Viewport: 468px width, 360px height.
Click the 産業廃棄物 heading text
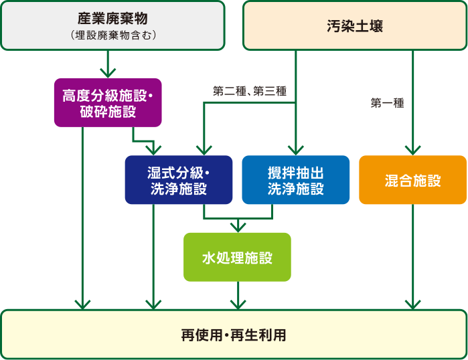pos(112,18)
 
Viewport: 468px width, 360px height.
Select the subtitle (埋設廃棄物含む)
pos(112,34)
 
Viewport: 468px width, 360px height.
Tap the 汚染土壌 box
pos(355,26)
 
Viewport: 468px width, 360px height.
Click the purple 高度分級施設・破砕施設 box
pos(107,102)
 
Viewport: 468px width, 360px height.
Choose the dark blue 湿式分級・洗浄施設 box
pos(179,179)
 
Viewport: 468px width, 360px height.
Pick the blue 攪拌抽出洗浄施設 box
pos(295,179)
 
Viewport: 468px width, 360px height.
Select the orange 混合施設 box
pos(412,180)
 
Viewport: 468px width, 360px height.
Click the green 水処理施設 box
pos(237,257)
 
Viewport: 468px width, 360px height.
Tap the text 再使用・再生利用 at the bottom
pos(233,335)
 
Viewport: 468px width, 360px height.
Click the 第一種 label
pos(387,103)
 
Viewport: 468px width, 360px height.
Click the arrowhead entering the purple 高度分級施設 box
pos(107,72)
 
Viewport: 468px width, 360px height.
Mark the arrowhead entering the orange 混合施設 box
pos(412,150)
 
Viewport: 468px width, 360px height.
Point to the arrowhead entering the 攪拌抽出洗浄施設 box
pos(295,150)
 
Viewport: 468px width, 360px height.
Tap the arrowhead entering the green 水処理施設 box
pos(237,227)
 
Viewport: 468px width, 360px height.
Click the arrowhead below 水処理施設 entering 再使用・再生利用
pos(237,304)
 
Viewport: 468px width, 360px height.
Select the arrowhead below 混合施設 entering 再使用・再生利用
pos(412,304)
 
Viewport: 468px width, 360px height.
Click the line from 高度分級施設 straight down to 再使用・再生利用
pos(82,214)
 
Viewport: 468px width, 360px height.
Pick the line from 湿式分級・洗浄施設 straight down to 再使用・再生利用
pos(154,254)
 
